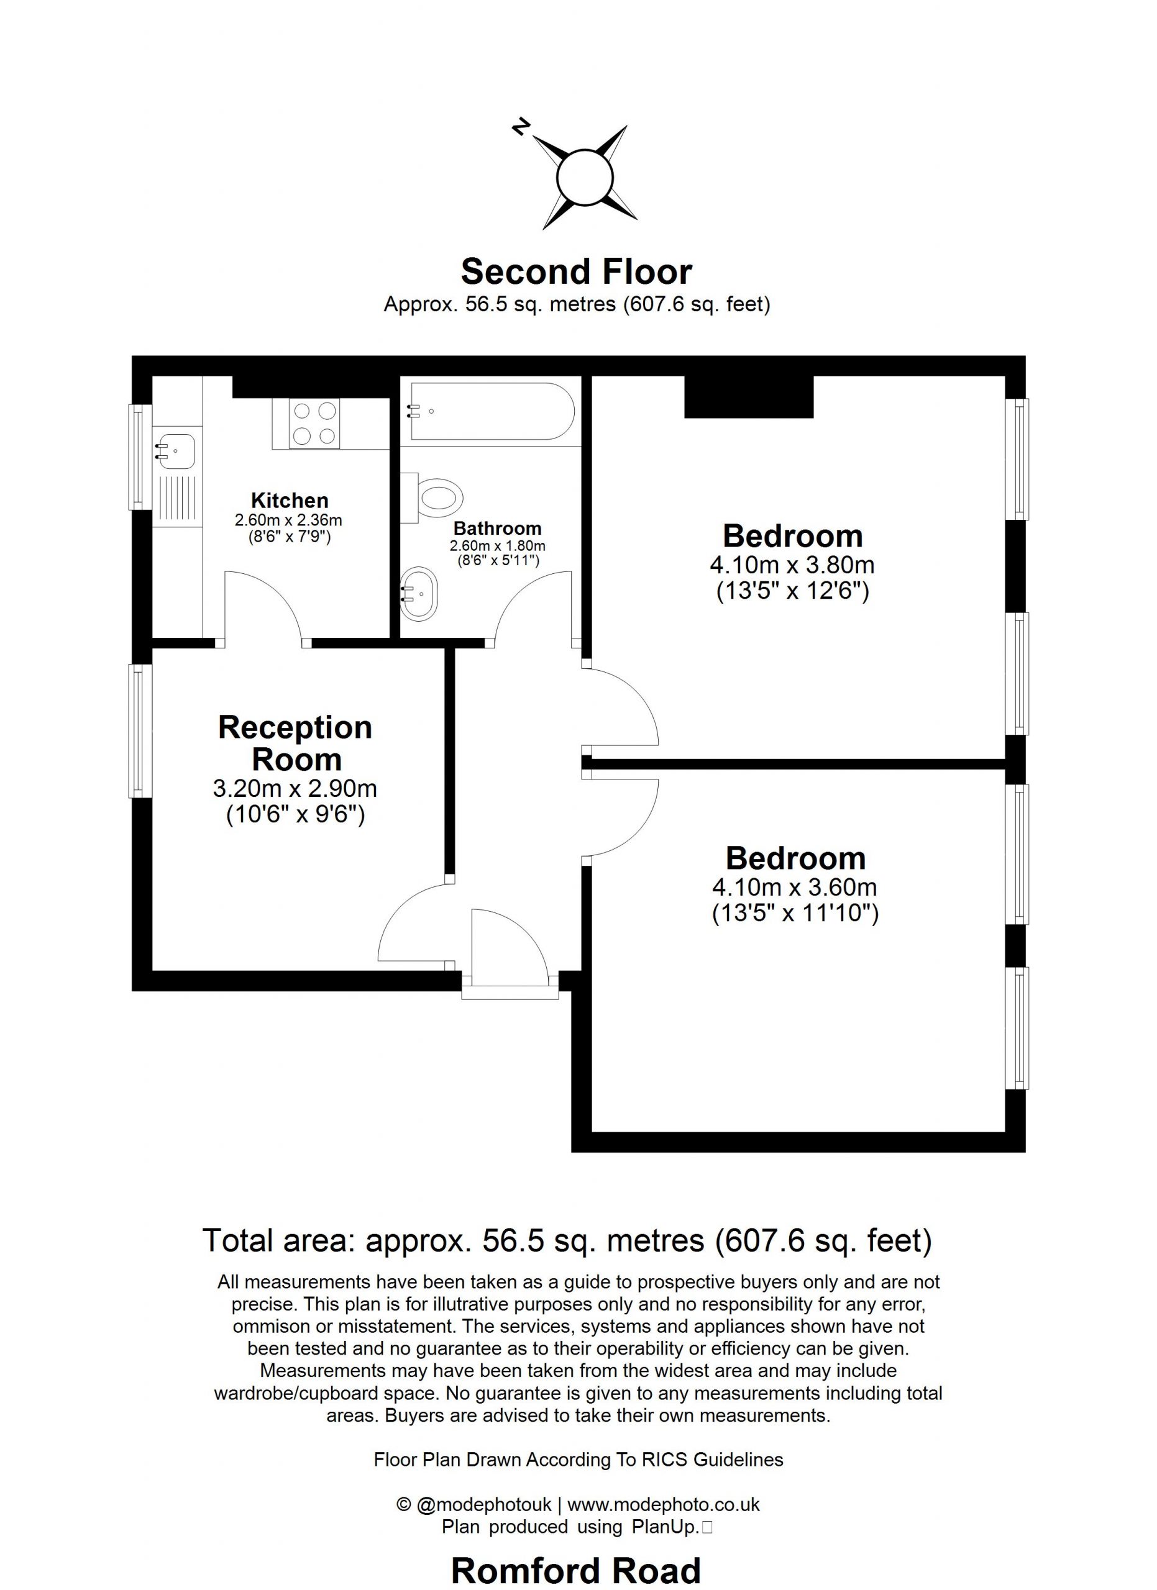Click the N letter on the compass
tap(520, 126)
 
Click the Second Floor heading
tap(577, 272)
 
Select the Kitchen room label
tap(290, 501)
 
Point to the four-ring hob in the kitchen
tap(314, 424)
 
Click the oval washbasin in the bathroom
tap(419, 593)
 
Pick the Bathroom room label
tap(498, 529)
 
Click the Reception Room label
tap(295, 743)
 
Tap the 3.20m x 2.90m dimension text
tap(295, 789)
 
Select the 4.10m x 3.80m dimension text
tap(792, 565)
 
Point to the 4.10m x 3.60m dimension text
tap(795, 887)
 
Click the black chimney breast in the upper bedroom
tap(749, 397)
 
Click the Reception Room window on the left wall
tap(140, 730)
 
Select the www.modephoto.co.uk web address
tap(664, 1504)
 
